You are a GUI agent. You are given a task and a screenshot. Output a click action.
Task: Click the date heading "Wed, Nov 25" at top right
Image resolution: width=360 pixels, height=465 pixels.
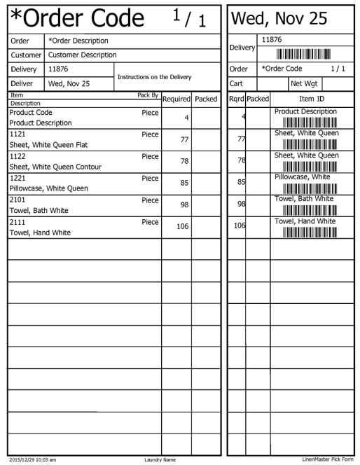(x=279, y=19)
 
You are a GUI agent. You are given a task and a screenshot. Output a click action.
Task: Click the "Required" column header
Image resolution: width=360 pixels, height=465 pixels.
(x=176, y=99)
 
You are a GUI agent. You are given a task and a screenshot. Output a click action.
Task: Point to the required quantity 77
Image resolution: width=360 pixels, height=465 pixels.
(x=185, y=140)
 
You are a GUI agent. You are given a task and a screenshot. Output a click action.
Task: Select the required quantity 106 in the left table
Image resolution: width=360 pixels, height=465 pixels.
(x=182, y=227)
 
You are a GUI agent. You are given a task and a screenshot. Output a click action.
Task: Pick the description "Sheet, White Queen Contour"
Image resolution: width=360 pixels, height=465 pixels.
(x=55, y=167)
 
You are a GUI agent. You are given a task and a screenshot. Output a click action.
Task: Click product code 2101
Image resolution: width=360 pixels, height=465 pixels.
(x=18, y=200)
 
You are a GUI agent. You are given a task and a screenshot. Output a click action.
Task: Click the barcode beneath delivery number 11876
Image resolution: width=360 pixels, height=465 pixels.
(x=303, y=54)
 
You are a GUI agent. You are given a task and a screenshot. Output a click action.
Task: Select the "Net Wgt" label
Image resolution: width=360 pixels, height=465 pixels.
(x=304, y=83)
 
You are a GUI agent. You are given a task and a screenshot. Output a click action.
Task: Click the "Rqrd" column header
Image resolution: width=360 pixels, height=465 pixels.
(x=236, y=99)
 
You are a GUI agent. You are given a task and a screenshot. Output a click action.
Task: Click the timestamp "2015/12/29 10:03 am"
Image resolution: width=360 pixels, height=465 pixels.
(x=32, y=459)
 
